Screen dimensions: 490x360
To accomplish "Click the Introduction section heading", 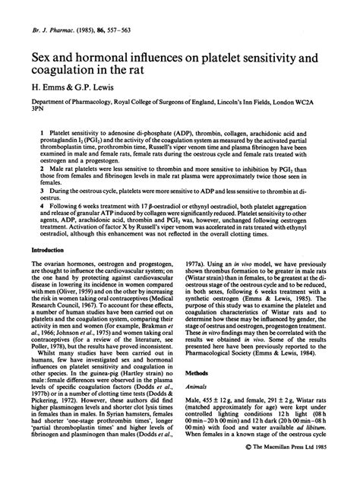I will (x=49, y=249).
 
